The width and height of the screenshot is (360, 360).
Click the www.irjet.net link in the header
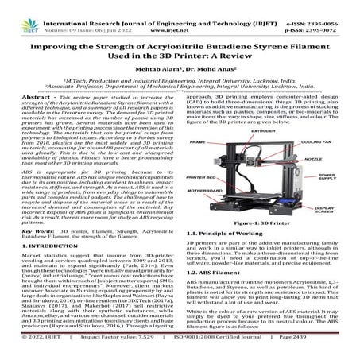point(180,14)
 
